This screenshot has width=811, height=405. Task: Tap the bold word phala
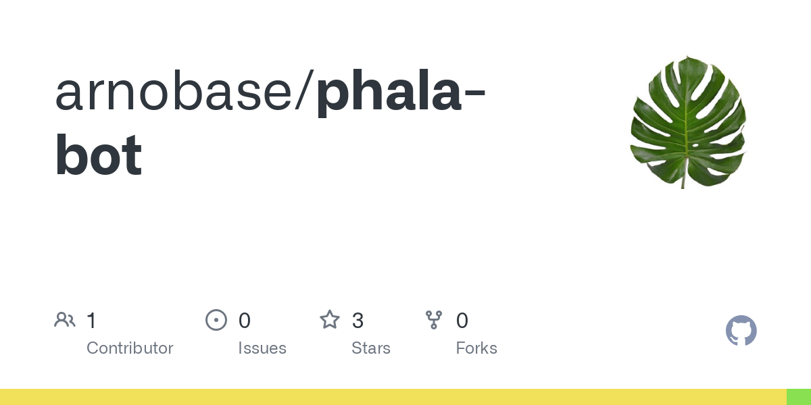point(389,93)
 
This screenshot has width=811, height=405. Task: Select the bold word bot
point(99,155)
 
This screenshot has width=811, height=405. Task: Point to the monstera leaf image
point(688,122)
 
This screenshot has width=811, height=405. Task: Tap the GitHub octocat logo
point(741,331)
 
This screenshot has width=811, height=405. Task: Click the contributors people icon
point(65,320)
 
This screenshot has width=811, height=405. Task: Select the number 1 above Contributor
point(92,321)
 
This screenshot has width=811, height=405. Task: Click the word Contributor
point(130,348)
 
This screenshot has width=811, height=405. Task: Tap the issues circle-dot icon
point(216,320)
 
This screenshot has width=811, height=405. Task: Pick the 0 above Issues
point(245,321)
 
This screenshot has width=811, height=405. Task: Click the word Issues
point(262,348)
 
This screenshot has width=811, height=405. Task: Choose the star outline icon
point(330,320)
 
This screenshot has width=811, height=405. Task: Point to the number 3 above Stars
point(358,321)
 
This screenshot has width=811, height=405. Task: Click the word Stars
point(371,348)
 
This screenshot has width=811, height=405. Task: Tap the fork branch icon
point(434,320)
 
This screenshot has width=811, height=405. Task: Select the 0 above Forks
point(462,321)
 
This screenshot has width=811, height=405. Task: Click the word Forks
point(476,348)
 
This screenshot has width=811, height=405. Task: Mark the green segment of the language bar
point(799,397)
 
